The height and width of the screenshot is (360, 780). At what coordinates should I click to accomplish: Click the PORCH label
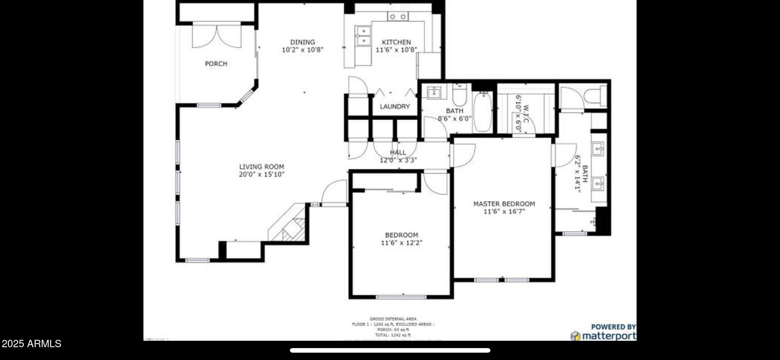(x=216, y=64)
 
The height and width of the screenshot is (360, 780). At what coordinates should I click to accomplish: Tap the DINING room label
(x=302, y=42)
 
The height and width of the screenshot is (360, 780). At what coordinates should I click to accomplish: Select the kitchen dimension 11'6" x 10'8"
(x=396, y=50)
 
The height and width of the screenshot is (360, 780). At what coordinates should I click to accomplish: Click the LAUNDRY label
(x=395, y=107)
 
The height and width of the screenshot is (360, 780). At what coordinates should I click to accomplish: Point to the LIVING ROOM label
(x=262, y=167)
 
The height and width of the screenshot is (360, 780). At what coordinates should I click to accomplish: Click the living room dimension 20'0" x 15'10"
(x=262, y=175)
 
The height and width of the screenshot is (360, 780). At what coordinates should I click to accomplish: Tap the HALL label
(x=398, y=152)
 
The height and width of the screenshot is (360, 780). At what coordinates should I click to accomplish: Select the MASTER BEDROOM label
(x=504, y=204)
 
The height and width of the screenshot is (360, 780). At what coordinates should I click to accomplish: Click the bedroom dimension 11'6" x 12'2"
(x=402, y=243)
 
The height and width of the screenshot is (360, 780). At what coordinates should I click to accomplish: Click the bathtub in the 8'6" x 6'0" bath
(x=482, y=112)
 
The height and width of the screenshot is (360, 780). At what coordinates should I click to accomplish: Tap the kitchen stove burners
(x=398, y=16)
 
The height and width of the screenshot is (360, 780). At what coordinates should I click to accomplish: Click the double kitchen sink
(x=363, y=36)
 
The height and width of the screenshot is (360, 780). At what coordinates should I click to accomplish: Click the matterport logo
(x=603, y=336)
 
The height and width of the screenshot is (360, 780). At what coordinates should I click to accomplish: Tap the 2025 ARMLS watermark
(x=31, y=344)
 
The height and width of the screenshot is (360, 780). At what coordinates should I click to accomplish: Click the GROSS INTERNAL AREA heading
(x=393, y=319)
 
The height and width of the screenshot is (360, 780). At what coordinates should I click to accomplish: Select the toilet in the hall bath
(x=460, y=95)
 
